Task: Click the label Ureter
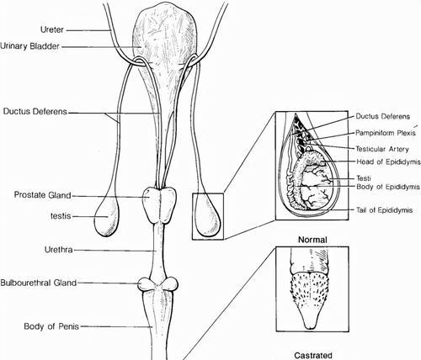click(52, 29)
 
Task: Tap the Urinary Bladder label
click(30, 46)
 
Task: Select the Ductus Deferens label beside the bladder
click(35, 111)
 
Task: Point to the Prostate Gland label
click(42, 195)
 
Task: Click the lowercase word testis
click(61, 216)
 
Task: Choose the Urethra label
click(59, 250)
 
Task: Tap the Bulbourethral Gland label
click(39, 283)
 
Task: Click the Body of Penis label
click(51, 326)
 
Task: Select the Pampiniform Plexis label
click(386, 133)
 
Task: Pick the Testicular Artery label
click(382, 149)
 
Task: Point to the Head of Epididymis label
click(388, 161)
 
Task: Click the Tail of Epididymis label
click(385, 210)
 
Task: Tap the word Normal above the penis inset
click(312, 240)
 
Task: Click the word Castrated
click(313, 356)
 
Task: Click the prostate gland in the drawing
click(159, 204)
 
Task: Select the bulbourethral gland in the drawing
click(158, 284)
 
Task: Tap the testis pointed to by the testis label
click(107, 217)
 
